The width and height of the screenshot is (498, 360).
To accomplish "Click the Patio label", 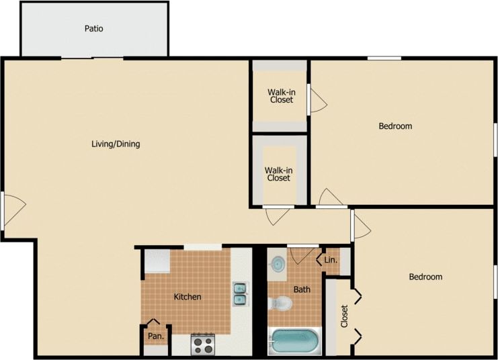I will coord(93,29).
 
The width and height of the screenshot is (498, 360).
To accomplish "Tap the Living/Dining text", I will coord(116,144).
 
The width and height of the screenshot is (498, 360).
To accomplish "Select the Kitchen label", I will coord(188,297).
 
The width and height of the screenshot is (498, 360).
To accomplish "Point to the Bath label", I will coord(302,289).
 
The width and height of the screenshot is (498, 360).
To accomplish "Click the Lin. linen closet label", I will coord(331,260).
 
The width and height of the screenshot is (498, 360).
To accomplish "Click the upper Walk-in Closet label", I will coord(281,96).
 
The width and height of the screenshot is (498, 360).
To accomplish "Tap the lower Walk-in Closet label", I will coord(278,174).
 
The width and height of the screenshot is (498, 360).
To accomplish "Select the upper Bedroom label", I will coord(395,126).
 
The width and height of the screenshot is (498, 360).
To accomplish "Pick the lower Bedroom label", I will coord(425,277).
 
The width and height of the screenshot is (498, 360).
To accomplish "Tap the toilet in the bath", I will coord(280,304).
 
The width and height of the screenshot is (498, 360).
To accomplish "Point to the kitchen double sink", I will coord(240,294).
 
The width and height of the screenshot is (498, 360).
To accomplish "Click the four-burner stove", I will coord(202,345).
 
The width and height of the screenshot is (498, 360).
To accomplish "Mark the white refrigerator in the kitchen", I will coord(156,260).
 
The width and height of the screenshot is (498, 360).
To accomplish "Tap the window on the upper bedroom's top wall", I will coord(384,58).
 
